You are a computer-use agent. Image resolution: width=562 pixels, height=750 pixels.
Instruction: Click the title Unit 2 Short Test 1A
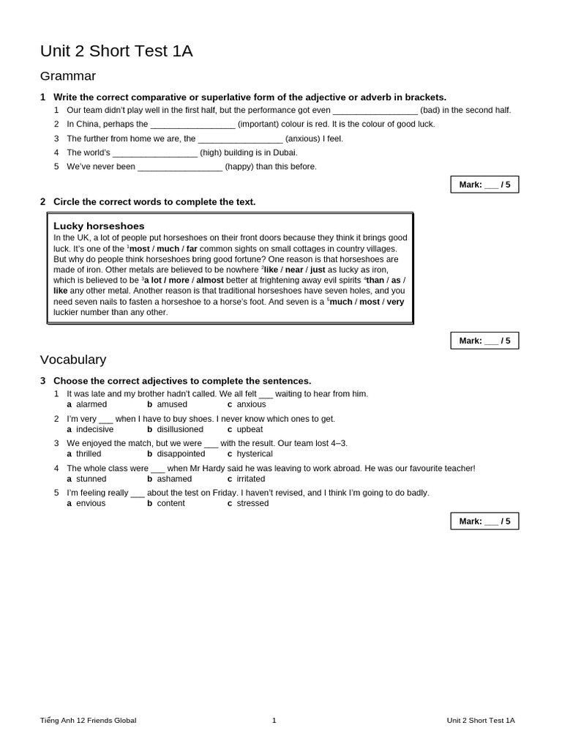(116, 51)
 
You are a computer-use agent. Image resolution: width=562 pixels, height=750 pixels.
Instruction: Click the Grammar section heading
(68, 76)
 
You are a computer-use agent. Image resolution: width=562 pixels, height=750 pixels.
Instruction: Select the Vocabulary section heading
(73, 360)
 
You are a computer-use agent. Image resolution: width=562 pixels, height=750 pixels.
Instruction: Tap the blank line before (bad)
(375, 111)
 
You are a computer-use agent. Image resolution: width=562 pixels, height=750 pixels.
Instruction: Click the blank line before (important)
(192, 125)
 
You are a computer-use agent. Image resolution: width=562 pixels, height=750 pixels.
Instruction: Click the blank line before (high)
(154, 153)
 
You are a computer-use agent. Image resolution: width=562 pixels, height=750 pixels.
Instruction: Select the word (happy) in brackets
(240, 167)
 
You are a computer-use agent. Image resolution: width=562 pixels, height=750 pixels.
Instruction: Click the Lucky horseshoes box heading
(99, 226)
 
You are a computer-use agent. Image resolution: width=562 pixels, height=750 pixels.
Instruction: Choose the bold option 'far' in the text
(191, 249)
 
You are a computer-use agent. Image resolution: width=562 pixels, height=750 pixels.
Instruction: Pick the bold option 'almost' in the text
(210, 281)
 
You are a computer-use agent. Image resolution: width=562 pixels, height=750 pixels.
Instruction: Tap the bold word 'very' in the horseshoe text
(395, 302)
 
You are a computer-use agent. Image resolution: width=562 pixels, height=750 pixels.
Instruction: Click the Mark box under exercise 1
(484, 185)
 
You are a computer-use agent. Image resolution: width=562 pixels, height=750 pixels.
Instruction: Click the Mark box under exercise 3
(484, 521)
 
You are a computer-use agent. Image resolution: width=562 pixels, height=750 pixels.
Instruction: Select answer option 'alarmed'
(91, 404)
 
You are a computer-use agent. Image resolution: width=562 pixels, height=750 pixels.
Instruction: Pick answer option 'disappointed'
(181, 454)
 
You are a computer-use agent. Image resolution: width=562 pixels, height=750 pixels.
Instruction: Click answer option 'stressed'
(252, 504)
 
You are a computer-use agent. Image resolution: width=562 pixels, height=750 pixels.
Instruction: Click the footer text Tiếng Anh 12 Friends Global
(88, 721)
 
